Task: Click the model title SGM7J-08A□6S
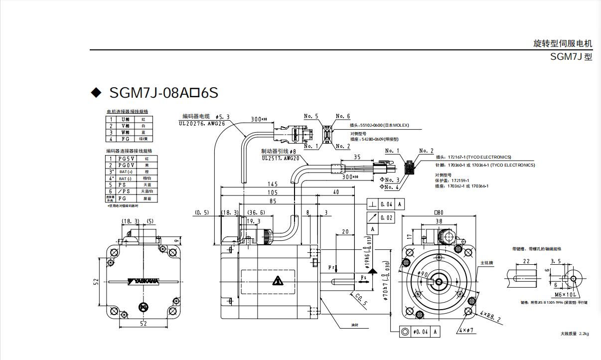click(163, 93)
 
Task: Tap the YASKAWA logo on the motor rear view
click(143, 281)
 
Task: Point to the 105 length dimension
click(272, 192)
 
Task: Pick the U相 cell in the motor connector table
click(126, 119)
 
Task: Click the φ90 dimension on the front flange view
click(424, 274)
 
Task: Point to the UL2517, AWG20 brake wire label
click(280, 158)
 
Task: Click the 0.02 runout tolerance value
click(386, 217)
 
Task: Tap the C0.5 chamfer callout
click(361, 300)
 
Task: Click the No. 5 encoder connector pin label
click(310, 116)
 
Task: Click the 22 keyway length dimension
click(526, 261)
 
